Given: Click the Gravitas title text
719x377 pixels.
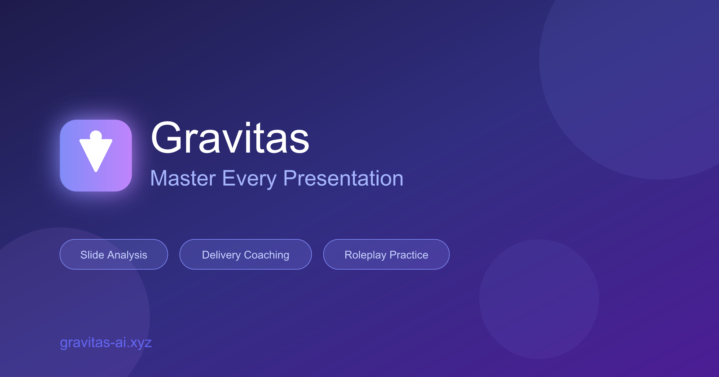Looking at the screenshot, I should (230, 138).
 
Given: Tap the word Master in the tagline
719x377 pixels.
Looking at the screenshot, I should (183, 178).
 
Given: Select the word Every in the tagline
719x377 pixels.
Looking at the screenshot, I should (249, 178).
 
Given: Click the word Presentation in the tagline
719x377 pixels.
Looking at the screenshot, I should (343, 178).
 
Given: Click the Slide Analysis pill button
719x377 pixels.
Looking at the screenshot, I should (114, 255).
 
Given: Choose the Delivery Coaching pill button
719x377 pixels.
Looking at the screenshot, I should (246, 255).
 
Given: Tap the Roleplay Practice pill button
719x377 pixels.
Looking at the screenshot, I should (386, 255).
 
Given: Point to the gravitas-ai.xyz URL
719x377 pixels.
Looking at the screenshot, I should (106, 342).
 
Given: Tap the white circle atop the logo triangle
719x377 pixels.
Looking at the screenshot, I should (96, 136).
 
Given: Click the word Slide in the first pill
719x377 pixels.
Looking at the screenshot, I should (92, 255).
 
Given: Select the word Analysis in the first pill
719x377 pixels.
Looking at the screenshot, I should (127, 255).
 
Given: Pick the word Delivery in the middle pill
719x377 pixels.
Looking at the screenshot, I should (221, 255).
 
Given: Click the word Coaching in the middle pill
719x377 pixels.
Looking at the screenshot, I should (267, 255).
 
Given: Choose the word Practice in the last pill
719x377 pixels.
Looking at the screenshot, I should (409, 255).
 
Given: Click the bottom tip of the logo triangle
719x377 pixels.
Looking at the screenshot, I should (96, 170).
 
